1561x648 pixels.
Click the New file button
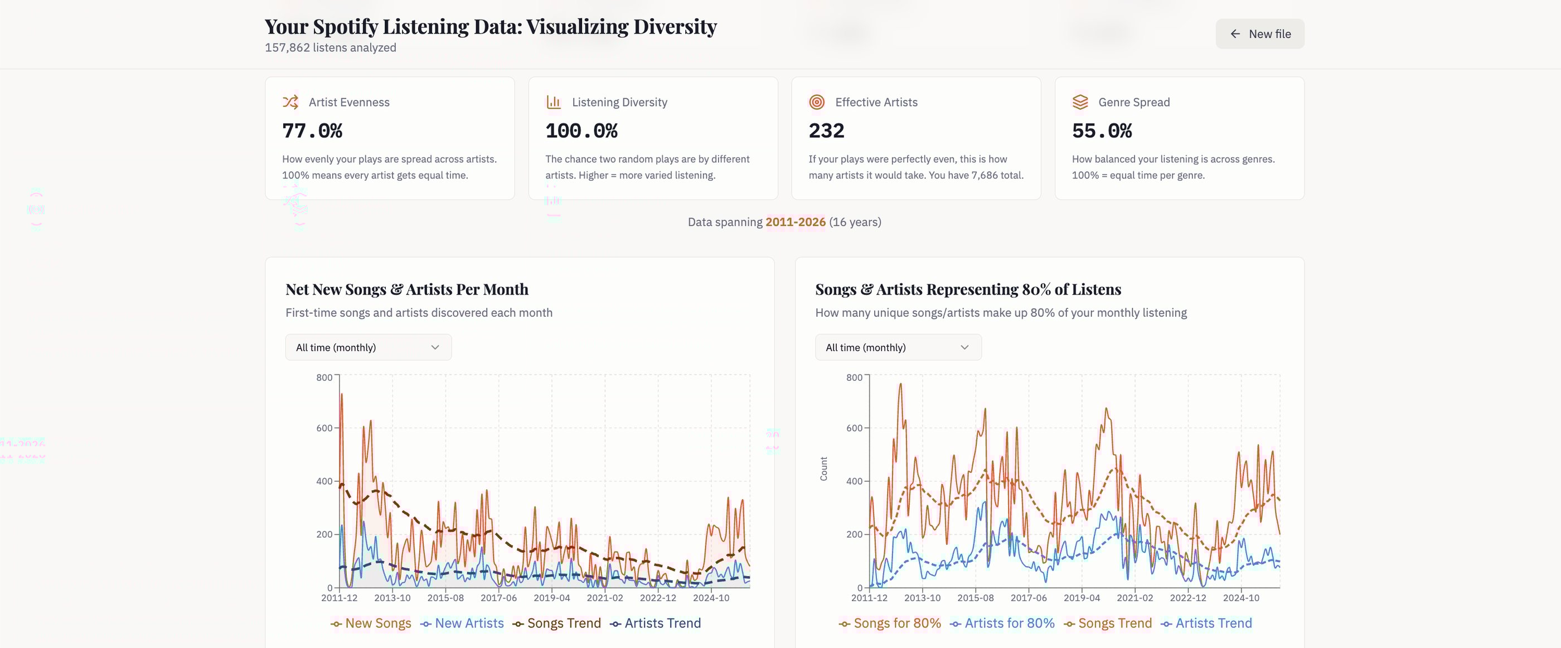pyautogui.click(x=1260, y=34)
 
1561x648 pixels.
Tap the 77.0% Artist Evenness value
pyautogui.click(x=312, y=131)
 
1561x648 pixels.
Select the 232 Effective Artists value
pyautogui.click(x=826, y=131)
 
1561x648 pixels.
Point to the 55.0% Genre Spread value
pyautogui.click(x=1102, y=131)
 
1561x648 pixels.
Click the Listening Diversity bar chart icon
pyautogui.click(x=553, y=102)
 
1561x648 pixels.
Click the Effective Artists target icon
pyautogui.click(x=817, y=102)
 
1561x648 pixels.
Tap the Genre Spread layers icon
pyautogui.click(x=1080, y=102)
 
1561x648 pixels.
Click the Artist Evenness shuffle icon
pyautogui.click(x=290, y=102)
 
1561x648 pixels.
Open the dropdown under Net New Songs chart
pyautogui.click(x=369, y=347)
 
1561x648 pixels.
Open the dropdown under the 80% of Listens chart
pyautogui.click(x=898, y=347)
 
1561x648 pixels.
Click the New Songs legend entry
pyautogui.click(x=371, y=623)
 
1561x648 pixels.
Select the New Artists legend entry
pyautogui.click(x=462, y=623)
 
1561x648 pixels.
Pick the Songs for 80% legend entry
pyautogui.click(x=890, y=623)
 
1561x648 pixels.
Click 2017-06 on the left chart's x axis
pyautogui.click(x=499, y=598)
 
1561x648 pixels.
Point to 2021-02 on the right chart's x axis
pyautogui.click(x=1135, y=598)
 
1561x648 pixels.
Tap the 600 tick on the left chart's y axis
pyautogui.click(x=324, y=428)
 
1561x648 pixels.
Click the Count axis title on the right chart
pyautogui.click(x=823, y=468)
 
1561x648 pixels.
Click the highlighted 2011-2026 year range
pyautogui.click(x=795, y=222)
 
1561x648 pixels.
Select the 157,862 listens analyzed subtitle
pyautogui.click(x=330, y=47)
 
